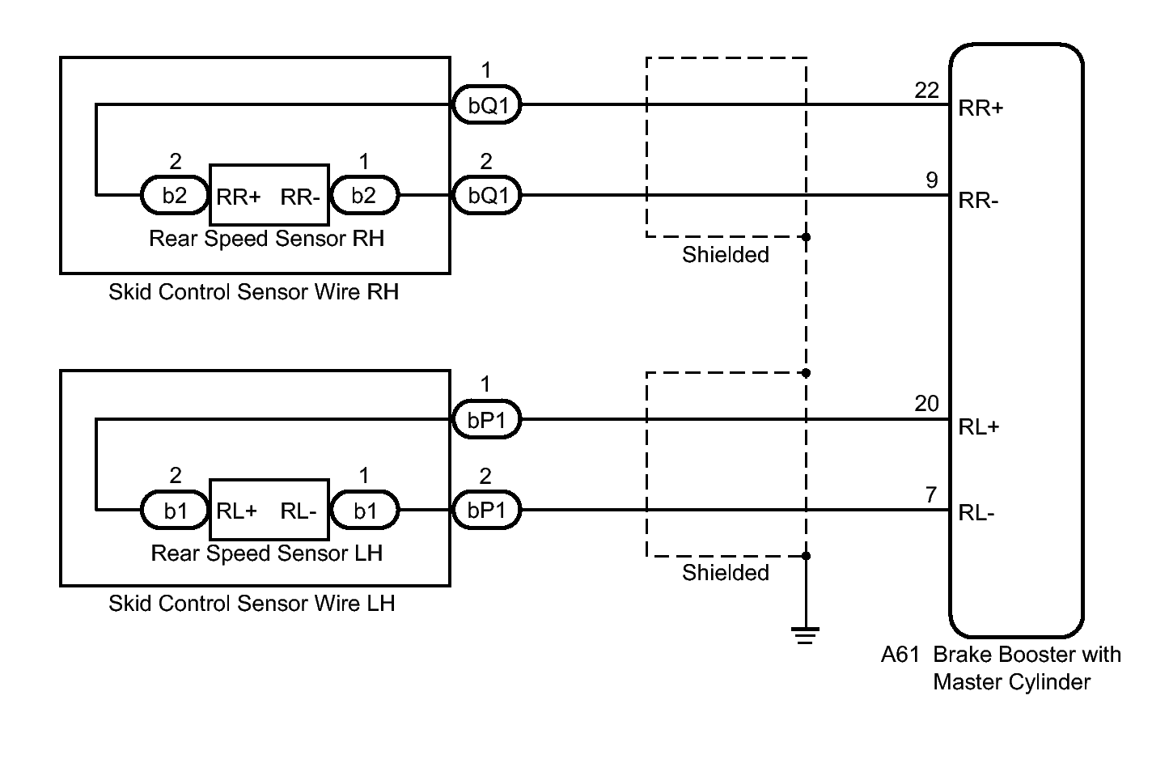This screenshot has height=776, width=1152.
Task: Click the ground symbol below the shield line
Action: coord(805,636)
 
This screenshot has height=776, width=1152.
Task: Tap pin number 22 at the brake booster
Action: coord(926,91)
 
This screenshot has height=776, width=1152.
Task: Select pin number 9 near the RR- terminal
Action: coord(932,180)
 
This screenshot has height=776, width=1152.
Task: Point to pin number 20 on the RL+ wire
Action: coord(926,404)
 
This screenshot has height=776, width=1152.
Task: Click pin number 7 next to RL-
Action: coord(932,494)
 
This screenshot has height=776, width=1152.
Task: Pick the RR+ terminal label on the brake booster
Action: coord(980,108)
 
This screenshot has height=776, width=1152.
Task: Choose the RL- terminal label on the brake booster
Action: coord(976,513)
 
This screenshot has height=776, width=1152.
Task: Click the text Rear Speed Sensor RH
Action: coord(266,239)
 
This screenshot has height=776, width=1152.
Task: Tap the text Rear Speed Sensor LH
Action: coord(266,553)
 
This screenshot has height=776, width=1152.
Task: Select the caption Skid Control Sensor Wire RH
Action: coord(253,292)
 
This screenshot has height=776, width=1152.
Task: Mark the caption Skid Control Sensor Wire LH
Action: coord(252,604)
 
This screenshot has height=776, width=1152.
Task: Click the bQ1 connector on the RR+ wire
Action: coord(486,105)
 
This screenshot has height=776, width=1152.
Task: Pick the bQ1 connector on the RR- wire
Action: coord(486,196)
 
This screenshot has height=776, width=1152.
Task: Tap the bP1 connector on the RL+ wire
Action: coord(486,420)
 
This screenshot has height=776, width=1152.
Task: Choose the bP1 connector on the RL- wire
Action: coord(486,511)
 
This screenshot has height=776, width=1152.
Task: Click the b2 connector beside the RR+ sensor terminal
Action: coord(175,196)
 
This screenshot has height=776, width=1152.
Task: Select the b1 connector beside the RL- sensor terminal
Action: coord(365,511)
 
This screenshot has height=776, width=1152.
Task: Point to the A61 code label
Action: coord(900,655)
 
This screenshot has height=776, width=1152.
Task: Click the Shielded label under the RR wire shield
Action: coord(725,255)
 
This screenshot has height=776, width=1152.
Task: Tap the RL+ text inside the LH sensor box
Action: coord(237,511)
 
